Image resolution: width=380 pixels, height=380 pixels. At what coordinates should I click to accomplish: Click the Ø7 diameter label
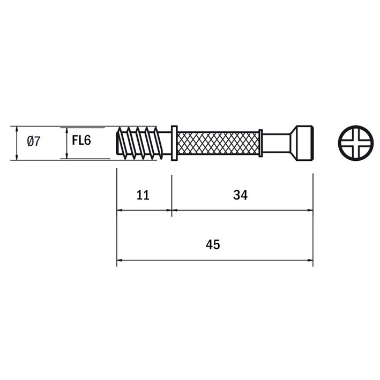pos(33,141)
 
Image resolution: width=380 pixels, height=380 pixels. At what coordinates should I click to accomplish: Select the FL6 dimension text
pos(81,140)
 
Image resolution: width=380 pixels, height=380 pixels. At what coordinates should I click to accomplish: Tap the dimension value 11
pos(143,195)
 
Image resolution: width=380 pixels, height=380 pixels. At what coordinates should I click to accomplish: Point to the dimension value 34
pos(241,195)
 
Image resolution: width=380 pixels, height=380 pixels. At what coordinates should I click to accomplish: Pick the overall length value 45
pos(213,244)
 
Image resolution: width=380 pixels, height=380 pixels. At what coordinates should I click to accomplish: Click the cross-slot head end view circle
pos(356,143)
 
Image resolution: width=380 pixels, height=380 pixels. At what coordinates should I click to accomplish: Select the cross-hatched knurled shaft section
pos(218,143)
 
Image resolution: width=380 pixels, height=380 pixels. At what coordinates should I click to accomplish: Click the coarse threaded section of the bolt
pos(139,143)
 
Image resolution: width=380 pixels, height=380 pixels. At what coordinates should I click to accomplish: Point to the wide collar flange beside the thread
pos(174,143)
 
